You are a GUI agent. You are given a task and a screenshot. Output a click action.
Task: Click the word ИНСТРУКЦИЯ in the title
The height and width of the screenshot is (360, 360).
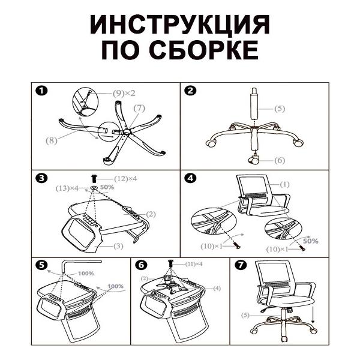tap(180, 25)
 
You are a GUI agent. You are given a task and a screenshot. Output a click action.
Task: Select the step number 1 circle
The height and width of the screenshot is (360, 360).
tap(41, 91)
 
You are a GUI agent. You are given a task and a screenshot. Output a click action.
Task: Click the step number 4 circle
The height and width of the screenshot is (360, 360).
tap(190, 178)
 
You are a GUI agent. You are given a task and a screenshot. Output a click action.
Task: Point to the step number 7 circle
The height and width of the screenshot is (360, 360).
tap(241, 265)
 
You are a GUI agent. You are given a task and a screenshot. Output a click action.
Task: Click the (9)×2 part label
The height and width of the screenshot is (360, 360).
tap(124, 93)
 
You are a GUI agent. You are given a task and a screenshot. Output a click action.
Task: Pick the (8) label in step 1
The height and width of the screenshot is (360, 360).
tap(51, 140)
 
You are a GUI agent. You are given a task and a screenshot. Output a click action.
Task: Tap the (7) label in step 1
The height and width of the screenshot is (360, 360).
tap(139, 108)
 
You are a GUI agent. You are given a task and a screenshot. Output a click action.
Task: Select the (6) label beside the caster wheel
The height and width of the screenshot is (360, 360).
tap(280, 160)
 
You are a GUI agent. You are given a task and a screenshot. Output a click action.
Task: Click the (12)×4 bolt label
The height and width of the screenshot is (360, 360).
tap(125, 178)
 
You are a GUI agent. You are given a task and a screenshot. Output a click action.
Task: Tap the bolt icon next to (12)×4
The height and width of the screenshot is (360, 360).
tap(94, 178)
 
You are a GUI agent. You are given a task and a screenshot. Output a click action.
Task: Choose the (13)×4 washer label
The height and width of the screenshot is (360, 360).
tap(67, 188)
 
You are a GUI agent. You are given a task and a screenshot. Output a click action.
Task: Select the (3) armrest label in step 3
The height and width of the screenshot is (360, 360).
tap(118, 246)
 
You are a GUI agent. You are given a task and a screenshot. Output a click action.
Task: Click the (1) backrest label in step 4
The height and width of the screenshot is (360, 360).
tap(284, 184)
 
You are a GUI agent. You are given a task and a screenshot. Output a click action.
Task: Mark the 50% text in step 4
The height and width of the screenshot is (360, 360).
tap(310, 241)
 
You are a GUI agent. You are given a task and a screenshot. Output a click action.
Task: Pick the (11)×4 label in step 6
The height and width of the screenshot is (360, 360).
tap(194, 264)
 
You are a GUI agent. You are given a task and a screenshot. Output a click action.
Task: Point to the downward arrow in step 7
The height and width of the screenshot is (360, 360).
tap(313, 314)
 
